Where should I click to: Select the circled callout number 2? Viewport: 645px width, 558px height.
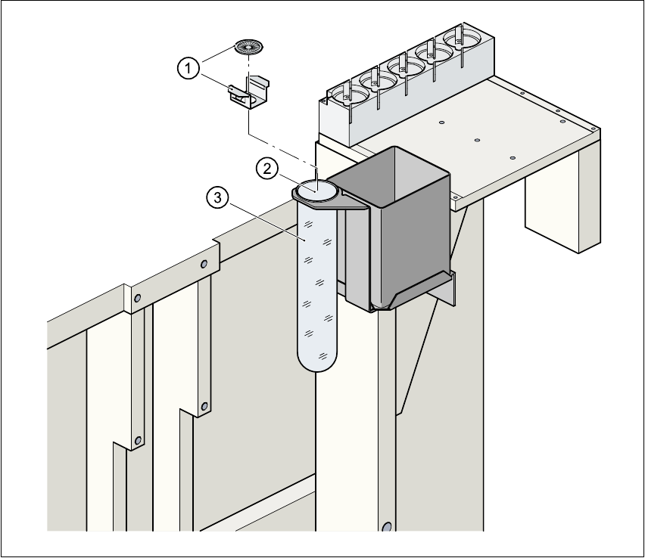point(266,169)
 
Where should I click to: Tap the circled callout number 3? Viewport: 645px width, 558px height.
point(217,199)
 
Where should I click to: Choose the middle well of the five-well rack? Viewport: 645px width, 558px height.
point(405,67)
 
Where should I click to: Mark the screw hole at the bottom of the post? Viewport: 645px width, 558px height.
point(387,526)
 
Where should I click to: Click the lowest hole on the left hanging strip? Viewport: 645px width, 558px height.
point(138,441)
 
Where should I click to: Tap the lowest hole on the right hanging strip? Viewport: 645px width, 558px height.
point(204,406)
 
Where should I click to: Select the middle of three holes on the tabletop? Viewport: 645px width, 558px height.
point(477,139)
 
